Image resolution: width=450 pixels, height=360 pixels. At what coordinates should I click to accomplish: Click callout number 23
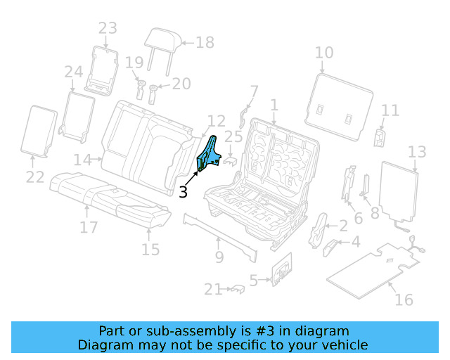pos(107,29)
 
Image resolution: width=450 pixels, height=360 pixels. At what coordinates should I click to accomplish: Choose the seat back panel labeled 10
pos(340,105)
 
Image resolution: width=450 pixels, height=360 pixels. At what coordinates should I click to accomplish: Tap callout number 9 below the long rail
pos(219,257)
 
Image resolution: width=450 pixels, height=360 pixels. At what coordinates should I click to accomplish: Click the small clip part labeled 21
pos(237,288)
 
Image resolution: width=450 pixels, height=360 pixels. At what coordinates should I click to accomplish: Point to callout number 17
pos(88,227)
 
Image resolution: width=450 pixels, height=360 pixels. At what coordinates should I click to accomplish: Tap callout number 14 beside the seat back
pos(82,160)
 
